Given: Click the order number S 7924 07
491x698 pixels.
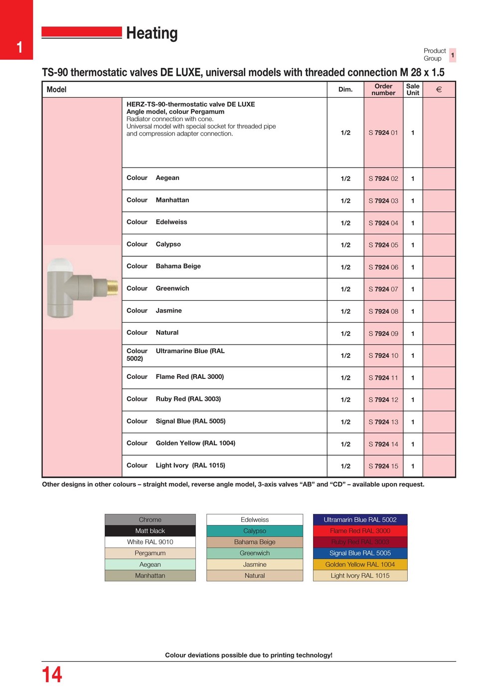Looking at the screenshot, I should pos(383,289).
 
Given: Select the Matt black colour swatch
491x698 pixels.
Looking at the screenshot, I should pos(150,531).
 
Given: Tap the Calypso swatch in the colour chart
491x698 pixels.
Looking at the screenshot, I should pos(255,531).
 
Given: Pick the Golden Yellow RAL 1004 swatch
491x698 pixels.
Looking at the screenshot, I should pos(360,564).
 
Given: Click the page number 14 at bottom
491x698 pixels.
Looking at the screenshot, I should pos(52,675).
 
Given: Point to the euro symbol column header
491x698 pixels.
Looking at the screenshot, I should pos(439,90).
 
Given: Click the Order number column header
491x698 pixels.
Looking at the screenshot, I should pos(383,90).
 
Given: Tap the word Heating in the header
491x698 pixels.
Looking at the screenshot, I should pos(152,33).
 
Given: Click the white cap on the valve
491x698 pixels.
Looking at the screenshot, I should pos(60,265).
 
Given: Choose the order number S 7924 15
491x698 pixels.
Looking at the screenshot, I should pos(383,466).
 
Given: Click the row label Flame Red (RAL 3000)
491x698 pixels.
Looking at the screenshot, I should pos(189,377).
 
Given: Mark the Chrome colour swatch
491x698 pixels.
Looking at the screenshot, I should pos(150,520).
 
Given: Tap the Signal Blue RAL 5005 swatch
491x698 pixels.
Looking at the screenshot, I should pos(360,553).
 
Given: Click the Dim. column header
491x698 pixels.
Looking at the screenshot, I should pos(345,90).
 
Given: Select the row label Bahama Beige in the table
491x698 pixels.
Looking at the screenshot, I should pos(178,266).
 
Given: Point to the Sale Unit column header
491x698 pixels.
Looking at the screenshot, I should pos(413,90).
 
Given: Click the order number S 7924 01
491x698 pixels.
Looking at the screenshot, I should pos(383,133).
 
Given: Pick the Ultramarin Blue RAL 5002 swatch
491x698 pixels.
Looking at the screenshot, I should pos(360,520).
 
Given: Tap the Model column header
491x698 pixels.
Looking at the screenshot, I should pos(56,90).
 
